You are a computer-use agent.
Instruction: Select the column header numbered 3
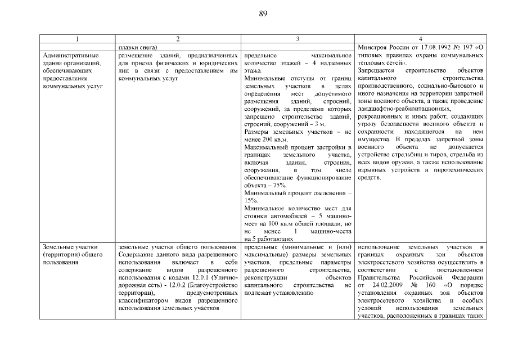pyautogui.click(x=298, y=38)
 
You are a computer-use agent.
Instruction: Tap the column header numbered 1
pyautogui.click(x=78, y=38)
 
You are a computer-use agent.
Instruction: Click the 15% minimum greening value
pyautogui.click(x=251, y=200)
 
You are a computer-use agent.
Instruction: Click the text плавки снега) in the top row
pyautogui.click(x=138, y=47)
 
